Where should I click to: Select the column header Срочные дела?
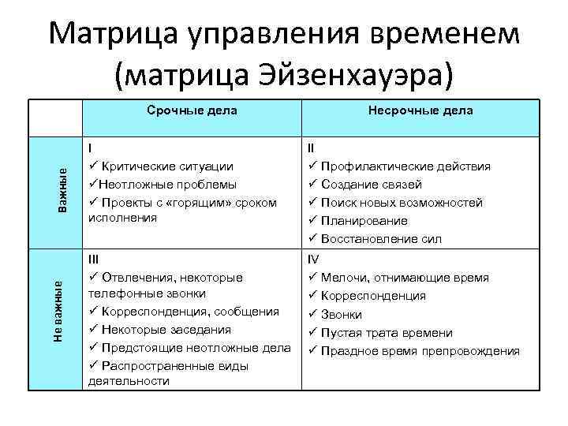point(192,110)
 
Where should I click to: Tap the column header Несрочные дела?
point(420,110)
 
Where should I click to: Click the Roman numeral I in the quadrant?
point(90,148)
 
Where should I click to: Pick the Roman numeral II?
point(311,148)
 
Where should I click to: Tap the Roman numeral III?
point(93,259)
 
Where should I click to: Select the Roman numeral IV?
point(313,259)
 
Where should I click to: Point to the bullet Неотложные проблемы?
point(168,184)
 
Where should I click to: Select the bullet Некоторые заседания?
point(166,330)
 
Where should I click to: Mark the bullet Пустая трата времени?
point(386,333)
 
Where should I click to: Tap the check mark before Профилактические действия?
point(313,166)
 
